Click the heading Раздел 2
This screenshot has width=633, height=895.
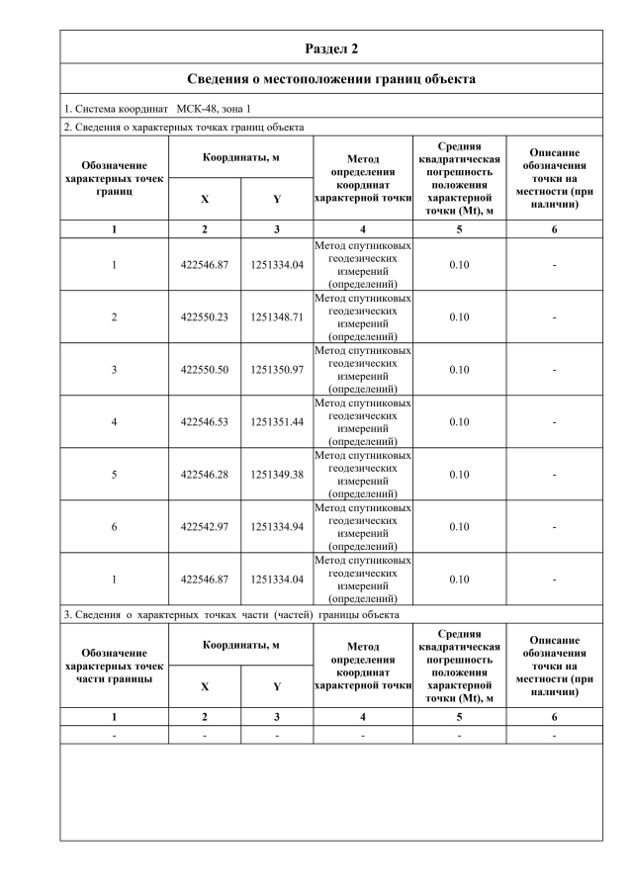pos(331,47)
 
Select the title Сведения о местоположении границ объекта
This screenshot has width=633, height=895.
pos(331,78)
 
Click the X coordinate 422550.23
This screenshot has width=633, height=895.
pos(205,317)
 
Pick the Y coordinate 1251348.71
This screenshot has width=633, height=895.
pos(277,317)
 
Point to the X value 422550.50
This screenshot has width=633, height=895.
pos(205,370)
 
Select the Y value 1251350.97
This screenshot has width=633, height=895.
pos(277,370)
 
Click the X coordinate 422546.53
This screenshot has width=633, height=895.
pos(205,422)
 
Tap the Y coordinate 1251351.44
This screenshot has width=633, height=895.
pos(277,422)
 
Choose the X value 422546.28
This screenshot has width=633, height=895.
pos(205,475)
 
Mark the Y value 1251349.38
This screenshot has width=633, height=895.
pos(277,475)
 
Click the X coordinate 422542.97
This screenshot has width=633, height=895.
pos(205,527)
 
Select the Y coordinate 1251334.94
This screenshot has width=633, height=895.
pos(277,527)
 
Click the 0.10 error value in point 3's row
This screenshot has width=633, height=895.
pos(459,370)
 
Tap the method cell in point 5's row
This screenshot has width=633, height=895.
pos(362,475)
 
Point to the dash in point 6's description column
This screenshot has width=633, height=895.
pos(554,527)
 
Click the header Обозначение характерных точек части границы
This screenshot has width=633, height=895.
pos(114,666)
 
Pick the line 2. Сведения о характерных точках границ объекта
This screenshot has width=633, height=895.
pos(184,127)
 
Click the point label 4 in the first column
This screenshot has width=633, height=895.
pos(114,422)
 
